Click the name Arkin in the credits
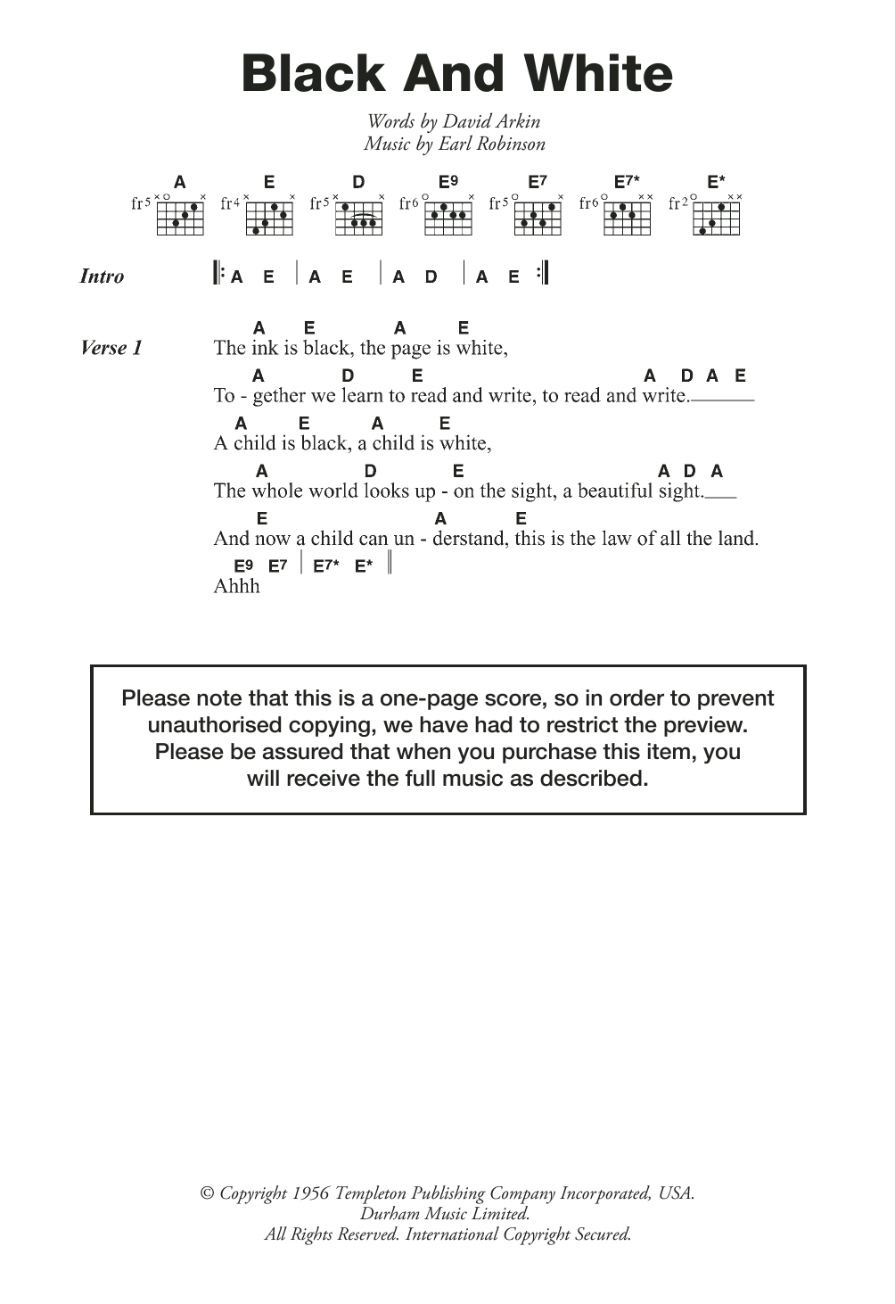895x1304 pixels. point(514,121)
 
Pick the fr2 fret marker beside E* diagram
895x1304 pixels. point(677,203)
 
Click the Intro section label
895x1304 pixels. point(102,276)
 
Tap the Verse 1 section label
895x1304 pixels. point(111,348)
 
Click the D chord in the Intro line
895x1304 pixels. point(431,276)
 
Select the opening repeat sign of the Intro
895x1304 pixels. point(217,273)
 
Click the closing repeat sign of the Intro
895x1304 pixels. point(542,273)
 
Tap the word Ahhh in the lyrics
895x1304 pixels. point(236,586)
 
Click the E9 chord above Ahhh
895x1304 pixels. point(243,565)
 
